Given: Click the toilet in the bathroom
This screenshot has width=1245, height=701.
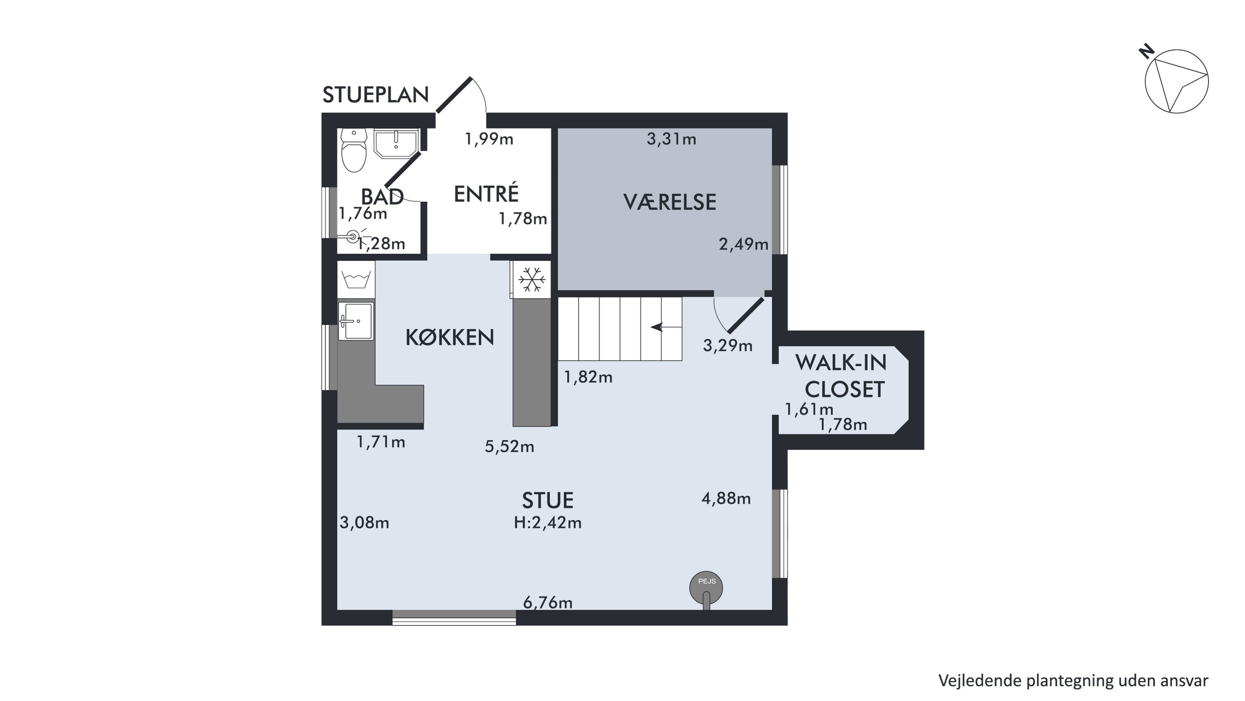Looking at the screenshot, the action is pyautogui.click(x=354, y=150).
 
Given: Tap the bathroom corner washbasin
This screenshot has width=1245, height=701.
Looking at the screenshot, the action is pyautogui.click(x=396, y=143).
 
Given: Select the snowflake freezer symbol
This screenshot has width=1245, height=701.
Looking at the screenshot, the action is pyautogui.click(x=532, y=280).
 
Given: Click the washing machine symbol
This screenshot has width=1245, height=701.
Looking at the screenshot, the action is pyautogui.click(x=356, y=280).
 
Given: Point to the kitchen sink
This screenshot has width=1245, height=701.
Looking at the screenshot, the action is pyautogui.click(x=356, y=321).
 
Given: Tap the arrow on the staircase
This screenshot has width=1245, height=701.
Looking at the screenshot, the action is pyautogui.click(x=666, y=327).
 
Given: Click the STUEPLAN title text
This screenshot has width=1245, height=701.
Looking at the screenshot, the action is pyautogui.click(x=376, y=95).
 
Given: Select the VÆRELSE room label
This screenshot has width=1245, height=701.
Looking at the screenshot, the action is pyautogui.click(x=669, y=202).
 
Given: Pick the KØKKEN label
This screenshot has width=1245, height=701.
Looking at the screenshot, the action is pyautogui.click(x=449, y=338).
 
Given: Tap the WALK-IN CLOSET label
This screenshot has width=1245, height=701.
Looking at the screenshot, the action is pyautogui.click(x=842, y=376).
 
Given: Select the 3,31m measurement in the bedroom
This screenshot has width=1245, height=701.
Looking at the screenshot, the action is pyautogui.click(x=671, y=139).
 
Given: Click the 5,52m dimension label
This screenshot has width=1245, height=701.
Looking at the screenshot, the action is pyautogui.click(x=509, y=447).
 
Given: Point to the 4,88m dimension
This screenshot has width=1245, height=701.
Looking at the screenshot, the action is pyautogui.click(x=726, y=498).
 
